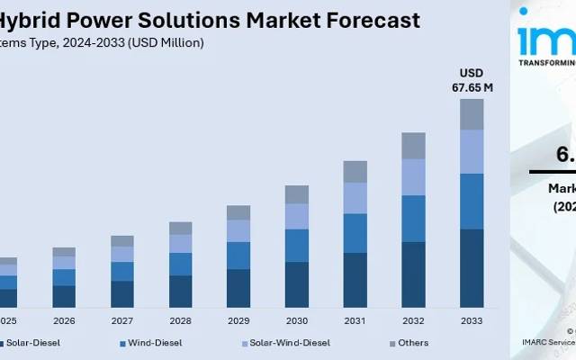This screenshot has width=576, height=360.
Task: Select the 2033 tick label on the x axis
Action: coord(472,320)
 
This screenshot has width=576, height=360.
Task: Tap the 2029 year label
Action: coord(238,320)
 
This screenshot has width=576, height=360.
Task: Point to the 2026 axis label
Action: coord(64,320)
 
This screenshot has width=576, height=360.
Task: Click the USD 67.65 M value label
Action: coord(472,79)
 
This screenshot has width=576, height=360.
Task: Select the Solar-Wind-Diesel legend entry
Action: coord(288,343)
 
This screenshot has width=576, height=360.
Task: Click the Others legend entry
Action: coord(414,343)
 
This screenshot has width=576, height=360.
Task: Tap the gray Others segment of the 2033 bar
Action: coord(472,114)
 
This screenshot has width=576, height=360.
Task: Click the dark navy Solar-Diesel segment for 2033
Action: coord(472,268)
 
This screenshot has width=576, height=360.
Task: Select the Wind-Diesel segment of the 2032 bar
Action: coord(413,219)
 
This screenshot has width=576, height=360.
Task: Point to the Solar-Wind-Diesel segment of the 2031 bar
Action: coord(355,198)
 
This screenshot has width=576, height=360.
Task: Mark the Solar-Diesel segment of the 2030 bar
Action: coord(297,284)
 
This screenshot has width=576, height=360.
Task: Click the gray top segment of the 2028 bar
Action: coord(181,229)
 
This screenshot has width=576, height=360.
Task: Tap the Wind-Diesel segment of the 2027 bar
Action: coord(122,271)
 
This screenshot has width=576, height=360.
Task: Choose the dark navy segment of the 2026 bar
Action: coord(64,296)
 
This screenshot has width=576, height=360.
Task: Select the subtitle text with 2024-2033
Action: coord(103,42)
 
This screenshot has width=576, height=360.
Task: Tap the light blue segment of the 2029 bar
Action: coord(238,230)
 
